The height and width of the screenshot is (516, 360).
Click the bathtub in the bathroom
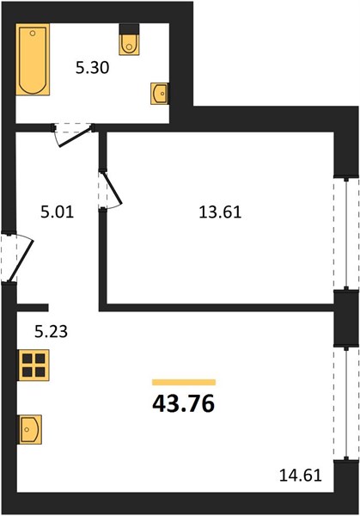point(33,59)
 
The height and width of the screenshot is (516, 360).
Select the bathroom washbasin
point(160,94)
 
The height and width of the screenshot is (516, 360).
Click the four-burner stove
point(34,365)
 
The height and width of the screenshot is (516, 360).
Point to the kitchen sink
point(29,429)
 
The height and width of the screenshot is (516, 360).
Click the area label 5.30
point(93,68)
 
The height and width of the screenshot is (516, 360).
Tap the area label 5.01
point(58,212)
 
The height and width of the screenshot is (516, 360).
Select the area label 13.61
point(220,212)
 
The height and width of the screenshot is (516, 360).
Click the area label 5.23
point(52,331)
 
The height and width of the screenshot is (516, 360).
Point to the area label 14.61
point(301,476)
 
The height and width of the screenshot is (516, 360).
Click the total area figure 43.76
point(184,404)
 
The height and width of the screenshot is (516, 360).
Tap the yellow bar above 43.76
point(184,382)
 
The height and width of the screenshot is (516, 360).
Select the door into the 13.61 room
point(110,190)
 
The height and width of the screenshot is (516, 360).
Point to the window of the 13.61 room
point(346,234)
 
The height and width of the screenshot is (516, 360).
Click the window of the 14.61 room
point(346,403)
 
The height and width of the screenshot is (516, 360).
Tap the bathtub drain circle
point(32,34)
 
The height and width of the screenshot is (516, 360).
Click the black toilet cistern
point(129,28)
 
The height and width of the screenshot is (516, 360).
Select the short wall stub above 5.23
point(33,308)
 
